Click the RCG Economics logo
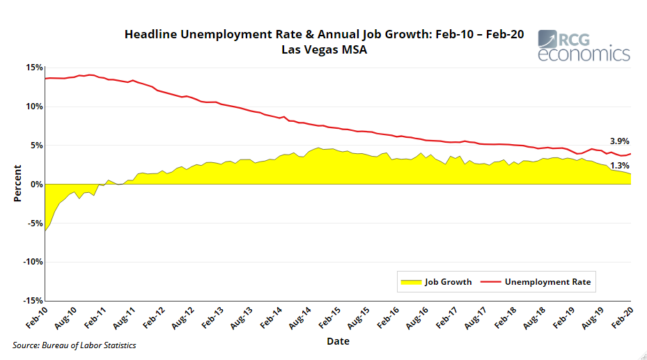[x=584, y=45]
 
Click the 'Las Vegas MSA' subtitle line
[x=324, y=49]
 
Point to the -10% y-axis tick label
[x=32, y=262]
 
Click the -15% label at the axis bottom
[x=32, y=301]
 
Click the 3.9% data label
[x=619, y=141]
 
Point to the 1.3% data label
[x=619, y=166]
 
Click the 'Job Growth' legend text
[x=448, y=282]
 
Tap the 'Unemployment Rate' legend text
[x=547, y=282]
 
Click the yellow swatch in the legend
[x=411, y=282]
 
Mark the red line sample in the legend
[x=490, y=282]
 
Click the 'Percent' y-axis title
[x=17, y=183]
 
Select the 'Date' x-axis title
[x=338, y=341]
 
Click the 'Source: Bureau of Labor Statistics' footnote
[x=74, y=345]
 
